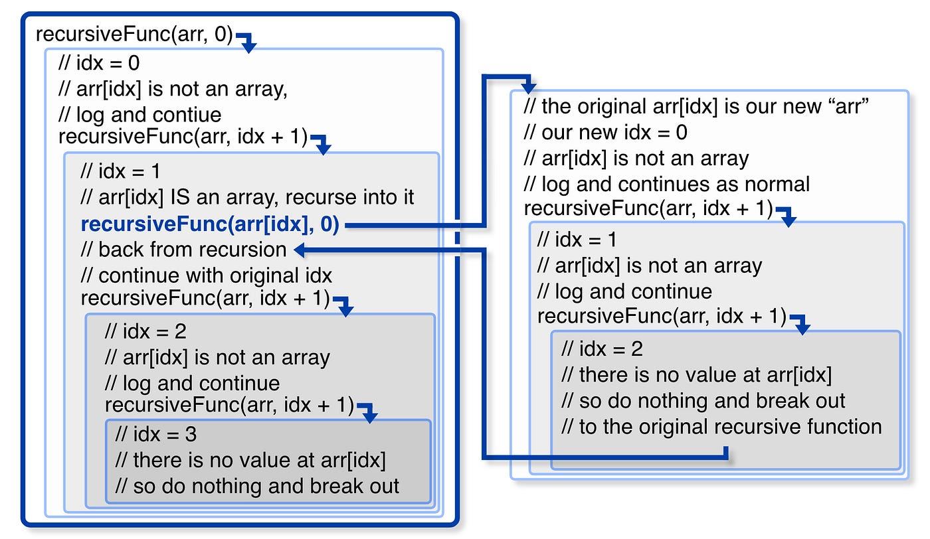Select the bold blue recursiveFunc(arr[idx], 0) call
(210, 224)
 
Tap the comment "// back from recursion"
(183, 250)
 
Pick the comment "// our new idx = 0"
(605, 132)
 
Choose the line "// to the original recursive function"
(721, 427)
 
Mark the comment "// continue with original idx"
(206, 275)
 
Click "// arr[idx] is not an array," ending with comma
(173, 90)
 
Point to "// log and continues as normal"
(666, 184)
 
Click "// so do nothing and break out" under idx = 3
(257, 486)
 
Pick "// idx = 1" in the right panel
(577, 240)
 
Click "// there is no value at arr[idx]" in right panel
(696, 375)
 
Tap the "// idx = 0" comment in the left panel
(99, 64)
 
